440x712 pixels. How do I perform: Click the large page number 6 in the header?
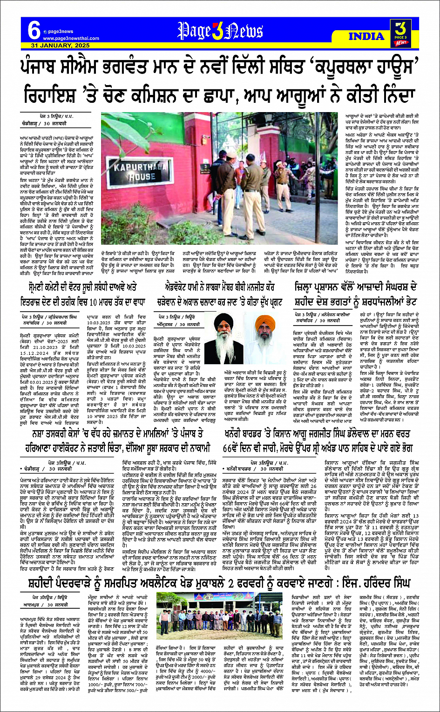(x=34, y=31)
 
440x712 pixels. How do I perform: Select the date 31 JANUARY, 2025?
(x=61, y=46)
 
